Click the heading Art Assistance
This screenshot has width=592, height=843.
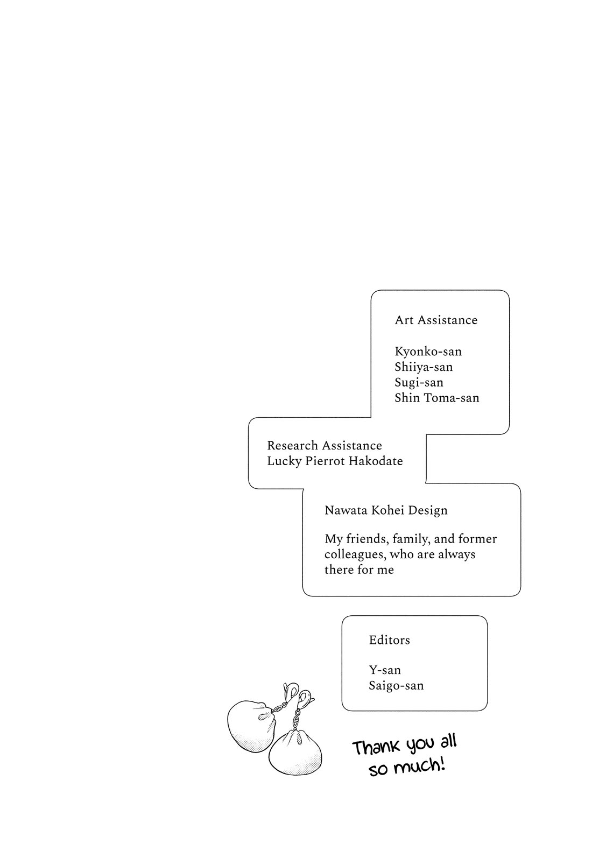436,320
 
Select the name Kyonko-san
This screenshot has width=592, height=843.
428,352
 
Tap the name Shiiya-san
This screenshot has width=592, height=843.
424,367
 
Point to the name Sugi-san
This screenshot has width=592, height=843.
419,383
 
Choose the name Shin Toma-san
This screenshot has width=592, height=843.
436,398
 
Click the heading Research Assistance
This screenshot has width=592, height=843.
324,446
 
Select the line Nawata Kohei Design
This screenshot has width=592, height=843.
385,510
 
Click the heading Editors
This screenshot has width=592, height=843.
389,640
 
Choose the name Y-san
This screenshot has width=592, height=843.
385,670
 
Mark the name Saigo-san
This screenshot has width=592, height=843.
396,686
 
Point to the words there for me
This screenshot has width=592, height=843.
359,570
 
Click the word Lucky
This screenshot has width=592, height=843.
284,461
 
